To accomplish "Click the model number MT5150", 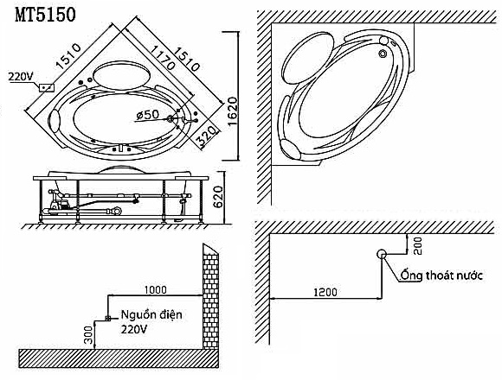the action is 46,15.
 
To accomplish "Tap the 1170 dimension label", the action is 163,58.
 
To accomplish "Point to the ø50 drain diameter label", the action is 147,115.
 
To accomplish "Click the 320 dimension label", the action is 206,136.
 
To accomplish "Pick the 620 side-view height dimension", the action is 218,197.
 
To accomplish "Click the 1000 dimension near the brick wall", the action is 156,289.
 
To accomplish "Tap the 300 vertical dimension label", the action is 89,334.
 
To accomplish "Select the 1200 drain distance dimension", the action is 325,292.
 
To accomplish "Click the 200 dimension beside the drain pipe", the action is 418,245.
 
